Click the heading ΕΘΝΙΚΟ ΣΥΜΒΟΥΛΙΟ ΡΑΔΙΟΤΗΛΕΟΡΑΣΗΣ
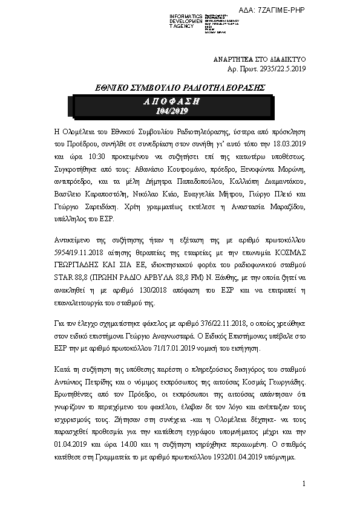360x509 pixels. (x=172, y=87)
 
